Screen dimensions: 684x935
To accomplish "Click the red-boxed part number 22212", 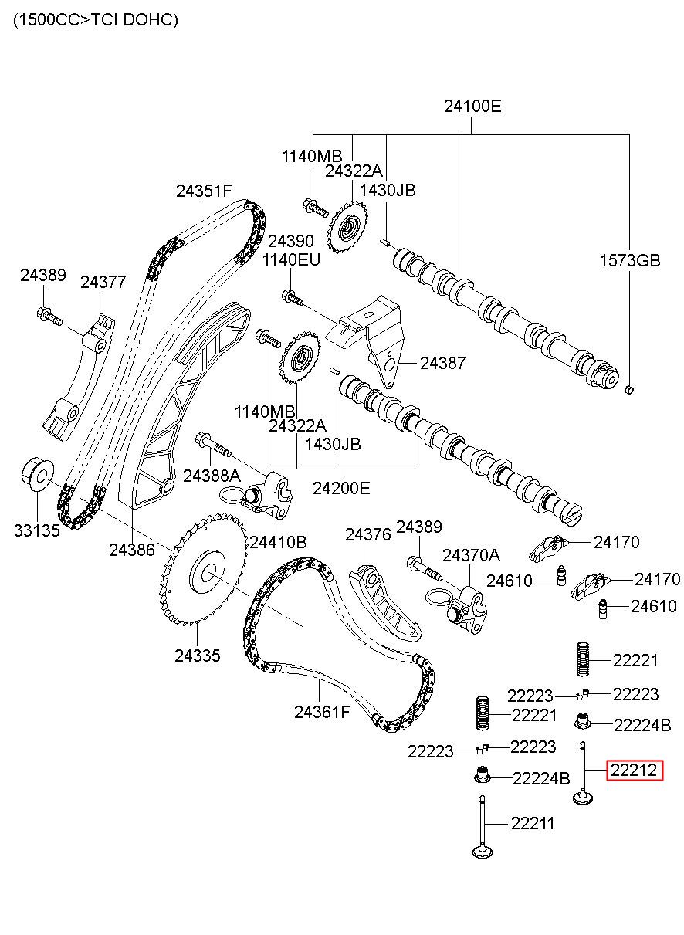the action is pos(634,770).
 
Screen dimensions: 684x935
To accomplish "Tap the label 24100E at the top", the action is pos(472,107).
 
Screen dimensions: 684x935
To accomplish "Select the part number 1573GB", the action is pos(630,261).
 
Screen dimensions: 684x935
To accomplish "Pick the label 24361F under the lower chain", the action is pos(321,713).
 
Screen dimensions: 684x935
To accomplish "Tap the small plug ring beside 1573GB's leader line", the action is pos(629,390).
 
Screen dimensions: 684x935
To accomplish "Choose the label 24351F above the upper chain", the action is pos(203,191).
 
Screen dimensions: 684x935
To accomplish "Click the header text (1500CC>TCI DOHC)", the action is pos(96,19).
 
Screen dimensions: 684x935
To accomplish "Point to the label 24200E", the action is pos(341,488).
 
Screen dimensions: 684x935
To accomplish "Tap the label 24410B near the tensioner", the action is pos(278,542).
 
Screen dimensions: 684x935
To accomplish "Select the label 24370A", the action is pos(471,556).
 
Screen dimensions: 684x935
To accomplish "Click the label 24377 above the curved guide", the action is pos(103,283).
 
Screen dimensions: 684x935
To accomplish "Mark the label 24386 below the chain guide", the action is pos(132,550).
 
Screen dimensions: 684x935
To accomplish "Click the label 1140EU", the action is pos(291,259).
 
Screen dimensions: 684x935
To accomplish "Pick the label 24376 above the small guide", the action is pos(368,535).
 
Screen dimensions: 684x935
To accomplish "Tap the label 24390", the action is pos(291,241).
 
